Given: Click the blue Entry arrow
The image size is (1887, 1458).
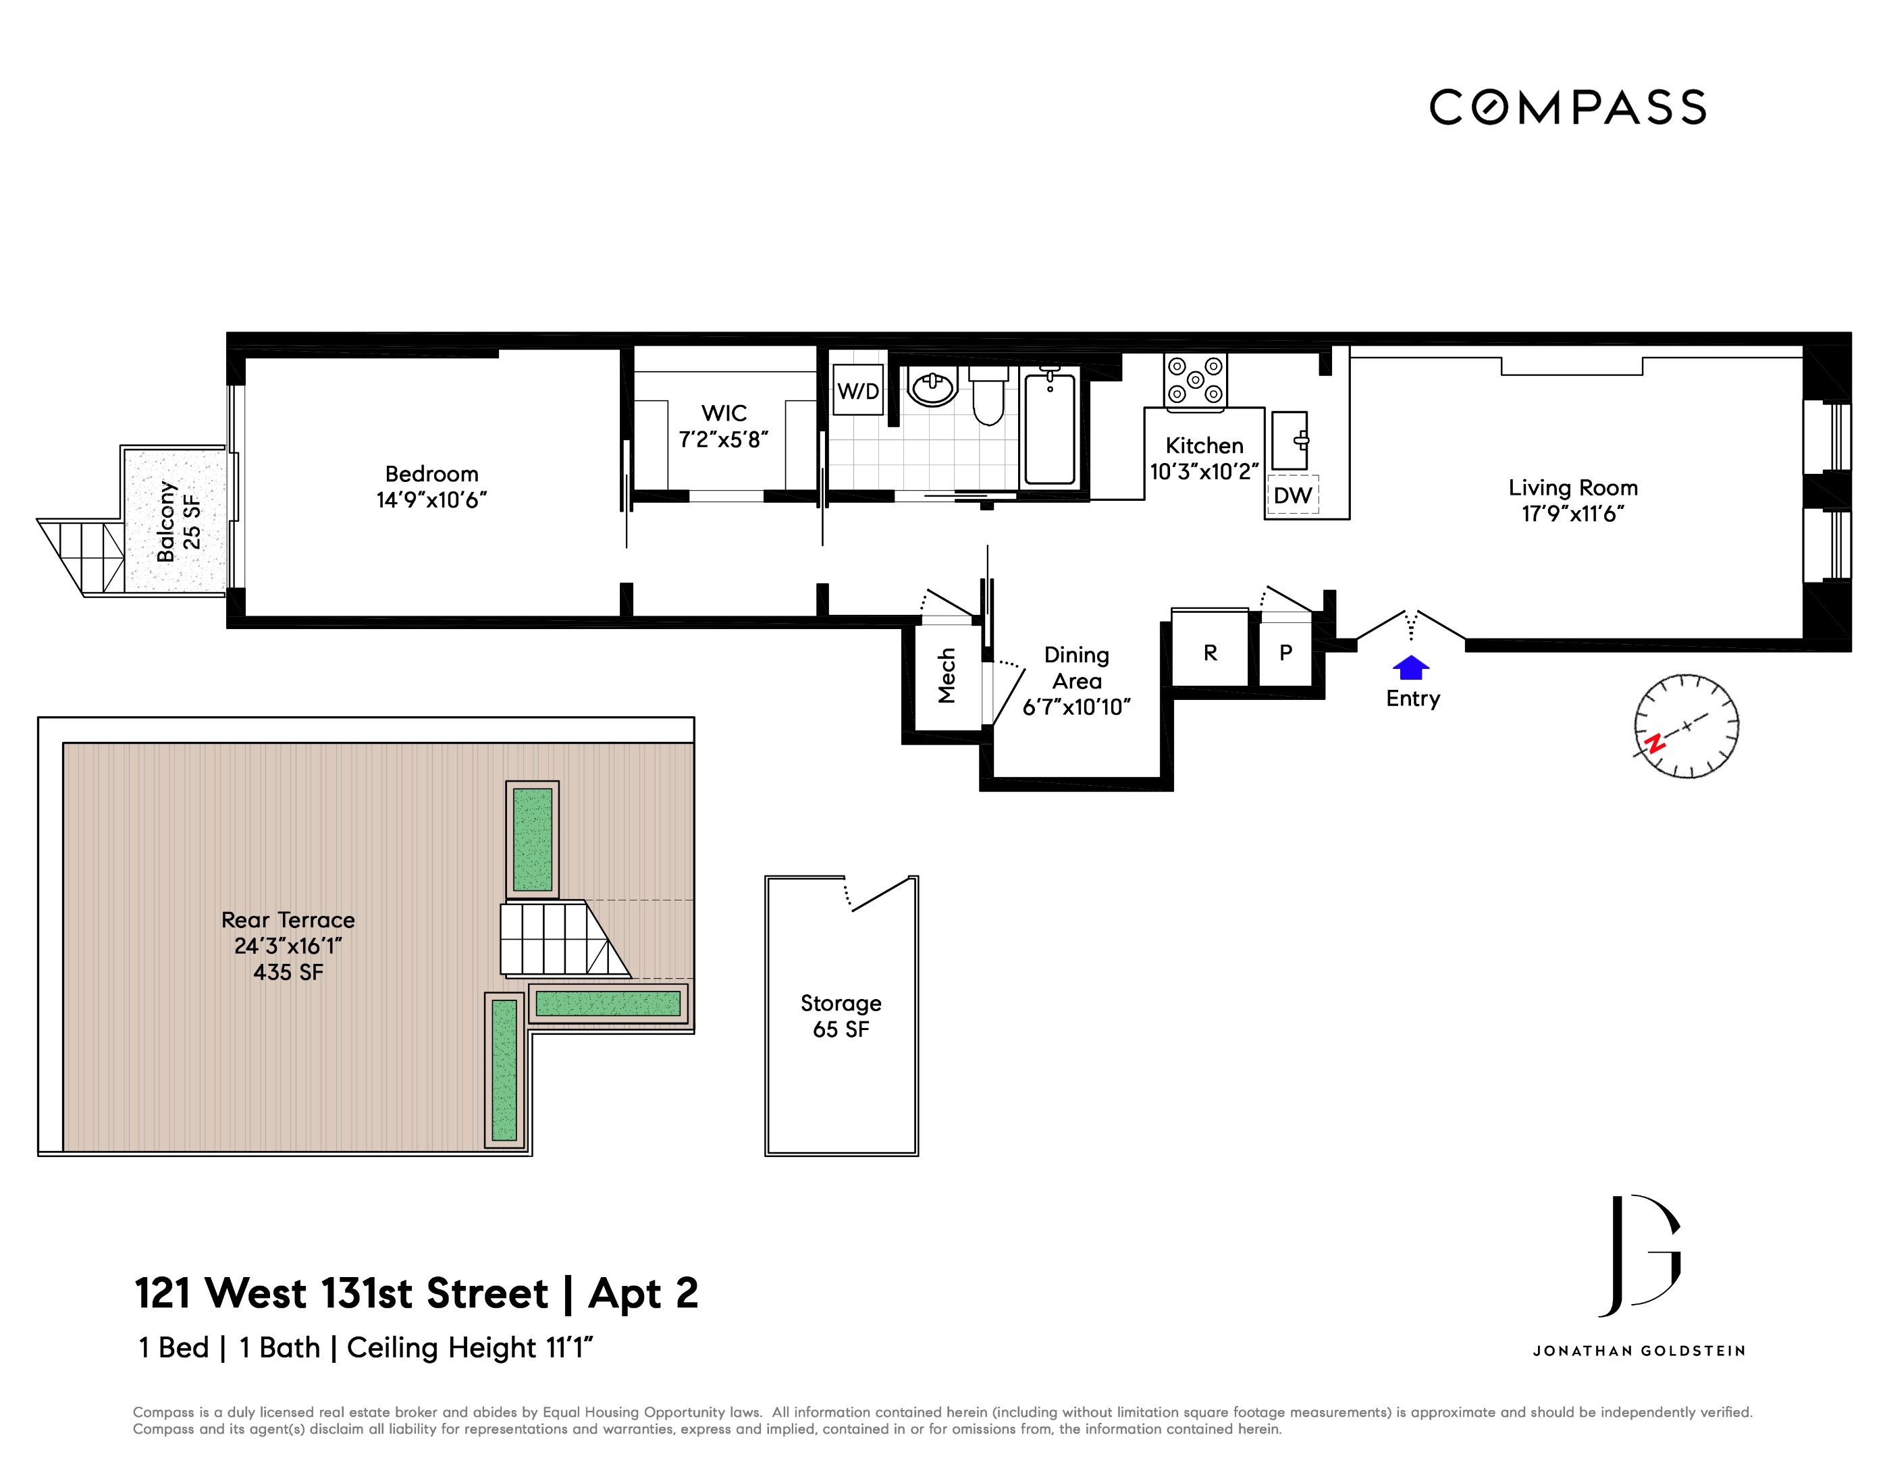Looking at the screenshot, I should [1411, 668].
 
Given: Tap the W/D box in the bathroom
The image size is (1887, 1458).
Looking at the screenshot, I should [857, 391].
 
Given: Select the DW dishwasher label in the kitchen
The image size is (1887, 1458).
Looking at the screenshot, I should [1293, 495].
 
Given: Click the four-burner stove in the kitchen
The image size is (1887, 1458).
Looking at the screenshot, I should [1195, 380].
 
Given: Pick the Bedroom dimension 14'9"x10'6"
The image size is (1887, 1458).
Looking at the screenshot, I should [431, 500].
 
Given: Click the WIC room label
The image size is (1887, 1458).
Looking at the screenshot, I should [724, 414].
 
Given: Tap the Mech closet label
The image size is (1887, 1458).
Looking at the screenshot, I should [947, 676].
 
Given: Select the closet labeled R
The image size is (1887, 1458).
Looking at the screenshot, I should [1210, 653].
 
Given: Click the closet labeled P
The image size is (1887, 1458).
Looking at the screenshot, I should [1285, 653].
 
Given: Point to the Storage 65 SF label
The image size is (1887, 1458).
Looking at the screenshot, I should [841, 1016].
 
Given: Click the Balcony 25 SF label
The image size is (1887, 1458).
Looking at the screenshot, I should [179, 521].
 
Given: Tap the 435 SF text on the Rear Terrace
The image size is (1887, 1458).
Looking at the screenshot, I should [288, 973].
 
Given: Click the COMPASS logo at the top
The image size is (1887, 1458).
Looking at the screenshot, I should [1567, 108].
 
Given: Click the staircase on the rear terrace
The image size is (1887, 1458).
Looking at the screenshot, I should [562, 938].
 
